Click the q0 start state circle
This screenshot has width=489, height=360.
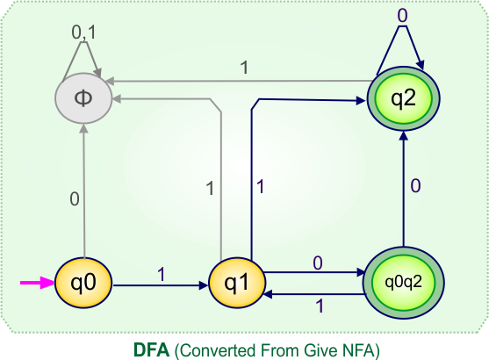83,284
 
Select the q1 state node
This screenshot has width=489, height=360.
236,284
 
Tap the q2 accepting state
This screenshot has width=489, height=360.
402,97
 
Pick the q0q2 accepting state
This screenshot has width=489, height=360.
402,283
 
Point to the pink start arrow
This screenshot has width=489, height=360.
37,284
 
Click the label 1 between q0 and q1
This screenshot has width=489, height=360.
161,273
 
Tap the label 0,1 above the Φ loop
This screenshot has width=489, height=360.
83,32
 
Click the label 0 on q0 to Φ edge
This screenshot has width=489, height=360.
75,198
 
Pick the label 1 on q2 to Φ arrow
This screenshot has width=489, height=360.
243,68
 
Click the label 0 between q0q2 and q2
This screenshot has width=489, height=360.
415,185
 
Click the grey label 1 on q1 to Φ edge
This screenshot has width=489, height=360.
210,187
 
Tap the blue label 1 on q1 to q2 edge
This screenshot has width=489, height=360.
261,185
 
